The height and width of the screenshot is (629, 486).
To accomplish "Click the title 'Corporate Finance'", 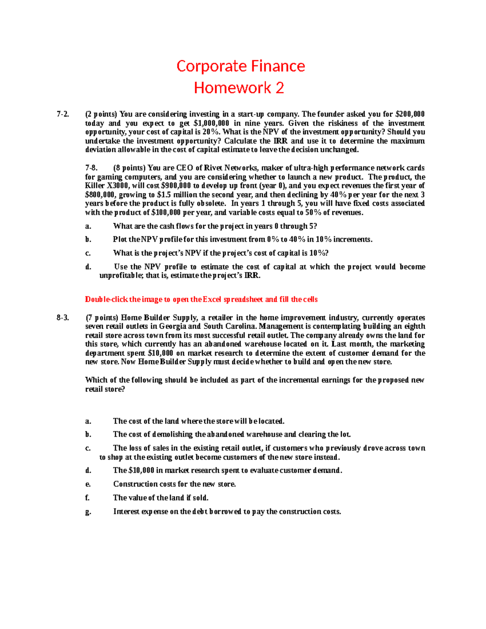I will click(241, 66).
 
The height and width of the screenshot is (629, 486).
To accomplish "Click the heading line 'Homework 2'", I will click(239, 88).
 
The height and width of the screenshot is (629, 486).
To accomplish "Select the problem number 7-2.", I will click(63, 114).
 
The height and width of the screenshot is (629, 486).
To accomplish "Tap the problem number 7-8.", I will click(91, 168).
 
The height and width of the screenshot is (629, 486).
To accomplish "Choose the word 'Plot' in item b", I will click(120, 239).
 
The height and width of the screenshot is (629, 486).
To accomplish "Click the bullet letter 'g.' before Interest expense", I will click(88, 512).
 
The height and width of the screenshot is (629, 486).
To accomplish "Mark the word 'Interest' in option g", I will click(126, 512).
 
